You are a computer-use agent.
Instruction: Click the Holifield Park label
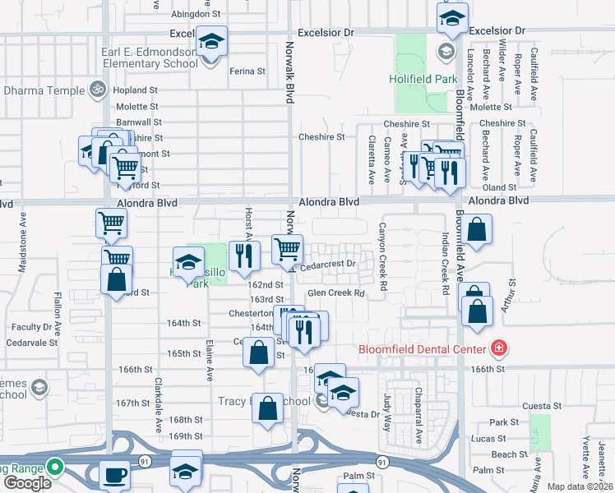point(423,80)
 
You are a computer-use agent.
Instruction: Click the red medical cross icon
point(497,349)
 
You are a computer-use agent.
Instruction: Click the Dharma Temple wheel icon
point(98,88)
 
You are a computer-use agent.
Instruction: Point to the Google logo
point(27,483)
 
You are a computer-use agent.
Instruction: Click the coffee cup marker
point(114,475)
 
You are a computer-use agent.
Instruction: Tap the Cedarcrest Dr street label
point(326,265)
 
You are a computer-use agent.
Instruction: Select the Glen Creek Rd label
point(335,293)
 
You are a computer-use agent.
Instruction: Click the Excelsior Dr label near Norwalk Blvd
point(325,32)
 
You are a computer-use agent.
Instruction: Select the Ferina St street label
point(247,71)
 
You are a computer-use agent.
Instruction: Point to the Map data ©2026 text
point(580,486)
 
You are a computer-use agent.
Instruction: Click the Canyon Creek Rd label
point(382,250)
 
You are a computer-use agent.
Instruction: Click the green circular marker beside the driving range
point(55,469)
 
